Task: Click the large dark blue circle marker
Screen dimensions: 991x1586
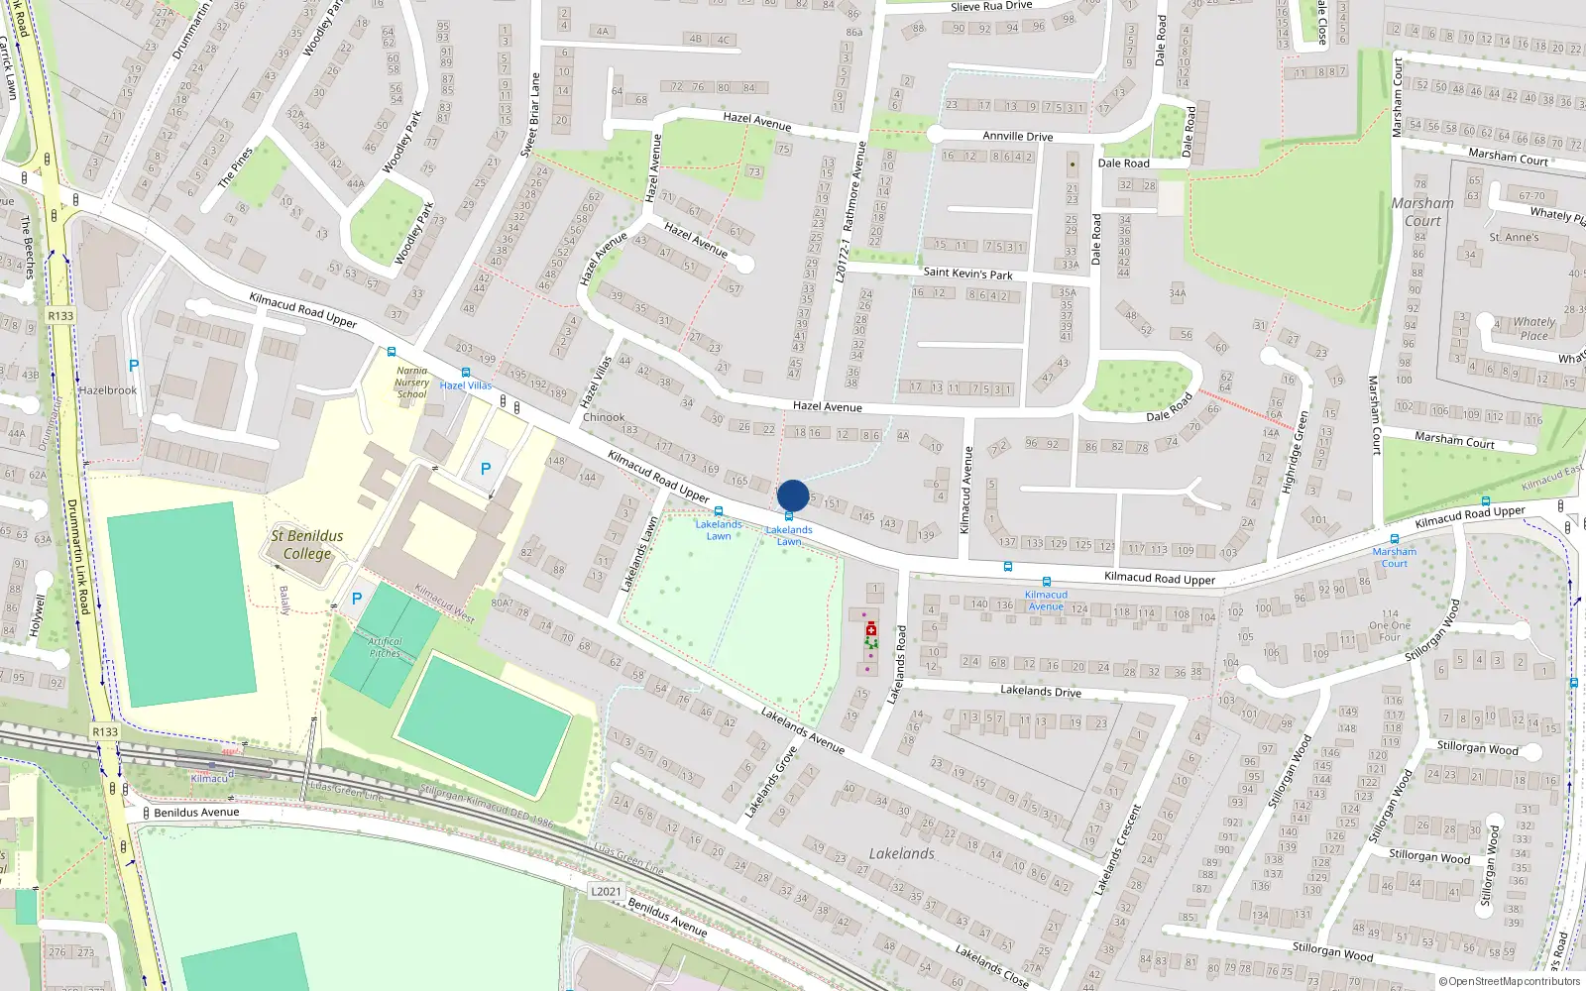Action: coord(793,495)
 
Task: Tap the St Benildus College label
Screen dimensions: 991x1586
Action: coord(307,545)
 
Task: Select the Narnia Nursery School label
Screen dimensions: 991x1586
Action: coord(412,383)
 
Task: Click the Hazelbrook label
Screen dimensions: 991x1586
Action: coord(108,390)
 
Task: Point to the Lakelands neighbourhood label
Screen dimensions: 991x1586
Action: coord(901,853)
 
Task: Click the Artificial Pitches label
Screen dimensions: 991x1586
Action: coord(386,647)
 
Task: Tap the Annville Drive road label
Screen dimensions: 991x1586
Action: coord(1017,136)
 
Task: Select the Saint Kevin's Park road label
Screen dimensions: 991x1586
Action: coord(967,273)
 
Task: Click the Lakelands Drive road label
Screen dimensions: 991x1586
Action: coord(1040,691)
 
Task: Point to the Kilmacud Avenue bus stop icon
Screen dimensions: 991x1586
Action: coord(1046,583)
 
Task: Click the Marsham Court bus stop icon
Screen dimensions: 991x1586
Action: coord(1394,539)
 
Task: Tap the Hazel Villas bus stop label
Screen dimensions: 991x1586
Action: coord(465,385)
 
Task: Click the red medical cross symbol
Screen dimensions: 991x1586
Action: coord(871,629)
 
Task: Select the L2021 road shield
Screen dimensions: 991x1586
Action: coord(606,891)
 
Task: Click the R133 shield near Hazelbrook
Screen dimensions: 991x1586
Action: coord(60,316)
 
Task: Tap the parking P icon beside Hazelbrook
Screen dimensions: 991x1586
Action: coord(134,366)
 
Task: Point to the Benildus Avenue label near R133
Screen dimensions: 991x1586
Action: coord(196,813)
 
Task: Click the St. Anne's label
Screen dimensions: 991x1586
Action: coord(1514,238)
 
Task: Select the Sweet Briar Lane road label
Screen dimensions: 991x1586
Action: coord(530,114)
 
